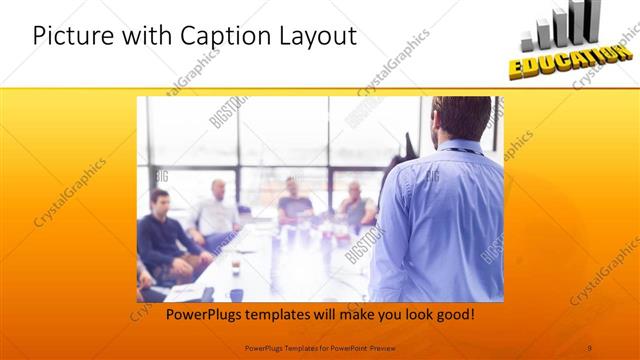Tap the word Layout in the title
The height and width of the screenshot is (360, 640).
coord(311,37)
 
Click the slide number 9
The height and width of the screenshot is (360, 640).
coord(591,348)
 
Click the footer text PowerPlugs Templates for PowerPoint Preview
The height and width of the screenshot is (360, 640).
coord(319,348)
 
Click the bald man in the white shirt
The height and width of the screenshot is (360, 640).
coord(217,209)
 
